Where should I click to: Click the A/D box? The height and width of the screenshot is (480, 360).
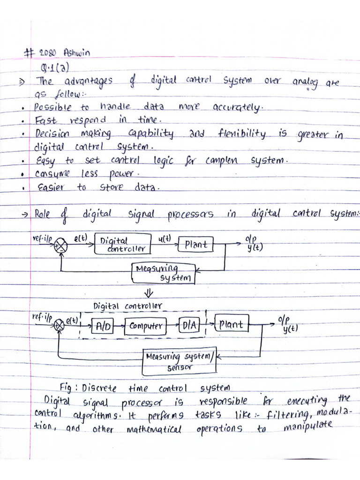[103, 326]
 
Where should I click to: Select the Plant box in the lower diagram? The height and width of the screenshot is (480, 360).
[232, 324]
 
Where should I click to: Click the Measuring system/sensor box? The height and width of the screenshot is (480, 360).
[180, 362]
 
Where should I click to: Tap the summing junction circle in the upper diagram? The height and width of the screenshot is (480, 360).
[60, 245]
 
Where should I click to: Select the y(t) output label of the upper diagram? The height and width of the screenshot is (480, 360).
[255, 248]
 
